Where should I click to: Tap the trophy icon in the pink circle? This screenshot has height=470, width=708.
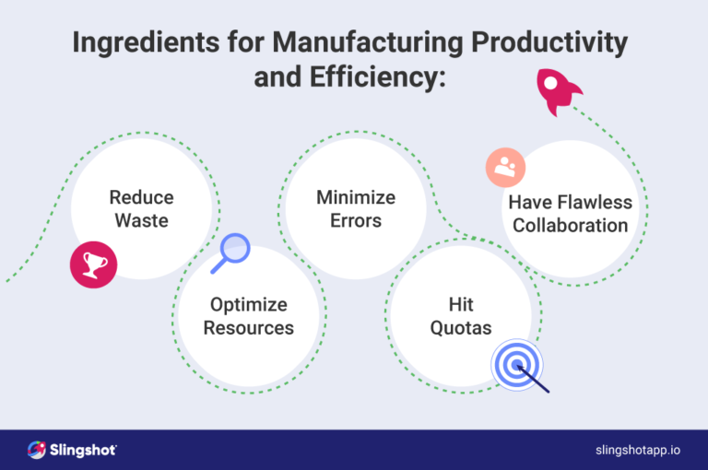[x=95, y=266]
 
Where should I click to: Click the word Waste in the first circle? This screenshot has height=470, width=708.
[x=141, y=220]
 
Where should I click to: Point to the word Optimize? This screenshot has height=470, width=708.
[x=249, y=304]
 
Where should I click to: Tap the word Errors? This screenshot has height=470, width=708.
[x=355, y=220]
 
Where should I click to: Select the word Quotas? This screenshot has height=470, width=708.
[x=461, y=327]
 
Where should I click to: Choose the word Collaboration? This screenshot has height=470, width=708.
[x=571, y=225]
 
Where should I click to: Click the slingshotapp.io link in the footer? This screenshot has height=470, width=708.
[x=639, y=449]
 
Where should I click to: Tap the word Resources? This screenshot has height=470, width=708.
[x=249, y=327]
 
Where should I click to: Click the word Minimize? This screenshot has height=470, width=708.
[x=355, y=197]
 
